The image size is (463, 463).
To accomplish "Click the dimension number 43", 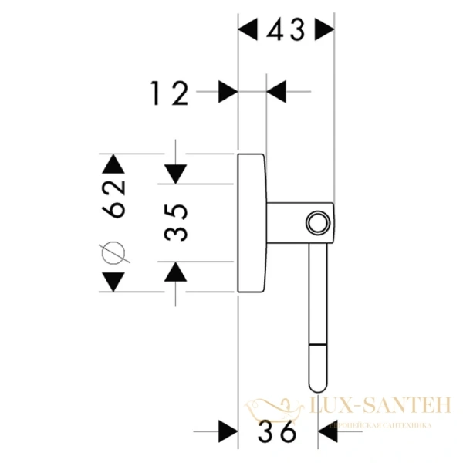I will coord(286,31).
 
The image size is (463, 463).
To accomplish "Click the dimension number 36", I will coord(278,432).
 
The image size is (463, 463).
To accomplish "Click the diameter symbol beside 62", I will coord(113,252).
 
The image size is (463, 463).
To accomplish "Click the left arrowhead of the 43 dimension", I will coord(247,31).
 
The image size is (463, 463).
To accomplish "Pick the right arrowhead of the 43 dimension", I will coord(326,31).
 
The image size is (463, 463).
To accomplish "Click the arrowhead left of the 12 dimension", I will coord(228,92).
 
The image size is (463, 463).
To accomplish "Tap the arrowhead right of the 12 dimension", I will coord(275,92).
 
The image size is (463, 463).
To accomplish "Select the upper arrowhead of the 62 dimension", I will coord(113,164).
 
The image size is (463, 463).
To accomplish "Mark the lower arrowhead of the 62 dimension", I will coord(113,282).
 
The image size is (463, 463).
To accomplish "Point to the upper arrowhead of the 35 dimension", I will coord(177,174).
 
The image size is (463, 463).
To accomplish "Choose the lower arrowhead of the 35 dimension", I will coord(177,271).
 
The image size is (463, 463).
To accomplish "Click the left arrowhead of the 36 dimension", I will coord(228,432).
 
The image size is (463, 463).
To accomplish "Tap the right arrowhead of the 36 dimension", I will coord(327,432).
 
